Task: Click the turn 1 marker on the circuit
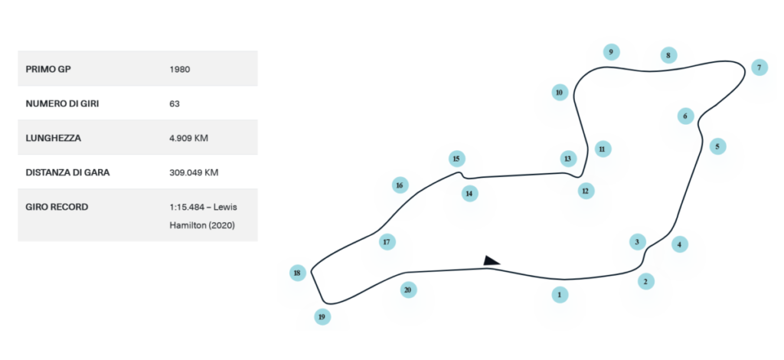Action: pos(560,294)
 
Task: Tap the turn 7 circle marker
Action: pos(759,67)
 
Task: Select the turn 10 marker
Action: pos(559,93)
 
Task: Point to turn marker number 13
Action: pos(567,159)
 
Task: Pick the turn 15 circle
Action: pos(456,159)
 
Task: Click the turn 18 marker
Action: pos(298,273)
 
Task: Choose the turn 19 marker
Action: pos(322,316)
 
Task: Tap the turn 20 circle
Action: pos(407,290)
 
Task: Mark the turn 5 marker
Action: pos(717,146)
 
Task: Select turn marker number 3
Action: pos(637,242)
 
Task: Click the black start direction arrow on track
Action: pos(491,261)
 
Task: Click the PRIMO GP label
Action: pos(48,69)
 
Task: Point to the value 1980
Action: pos(179,69)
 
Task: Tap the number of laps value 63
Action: pos(174,103)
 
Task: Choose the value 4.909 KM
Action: pos(188,138)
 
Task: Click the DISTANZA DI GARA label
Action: pos(68,172)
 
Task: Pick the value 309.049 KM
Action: pos(194,172)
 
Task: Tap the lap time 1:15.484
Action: pos(186,208)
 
